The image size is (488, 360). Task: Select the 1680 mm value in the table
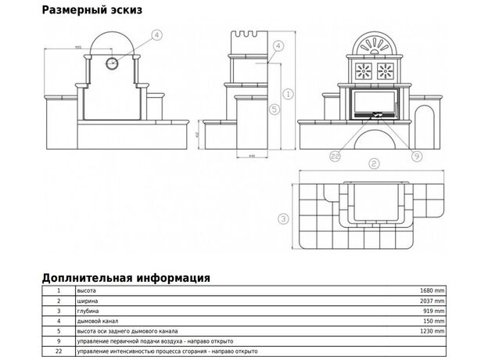click(431, 290)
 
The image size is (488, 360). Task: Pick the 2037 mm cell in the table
click(431, 301)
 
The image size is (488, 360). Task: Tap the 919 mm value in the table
click(433, 311)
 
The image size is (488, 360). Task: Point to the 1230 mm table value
click(431, 331)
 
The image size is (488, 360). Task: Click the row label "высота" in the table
click(85, 290)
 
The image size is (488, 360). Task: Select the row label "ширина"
click(86, 301)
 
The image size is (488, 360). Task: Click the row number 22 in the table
click(58, 351)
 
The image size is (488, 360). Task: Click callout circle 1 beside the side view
click(288, 93)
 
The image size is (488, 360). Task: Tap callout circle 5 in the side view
click(274, 109)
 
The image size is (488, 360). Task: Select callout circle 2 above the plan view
click(374, 164)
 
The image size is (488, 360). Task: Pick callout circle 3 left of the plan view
click(284, 218)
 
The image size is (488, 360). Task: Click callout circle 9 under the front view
click(415, 157)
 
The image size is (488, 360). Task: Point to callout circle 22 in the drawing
click(335, 157)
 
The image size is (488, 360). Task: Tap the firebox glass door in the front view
click(372, 103)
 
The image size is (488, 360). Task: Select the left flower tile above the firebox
click(362, 73)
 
